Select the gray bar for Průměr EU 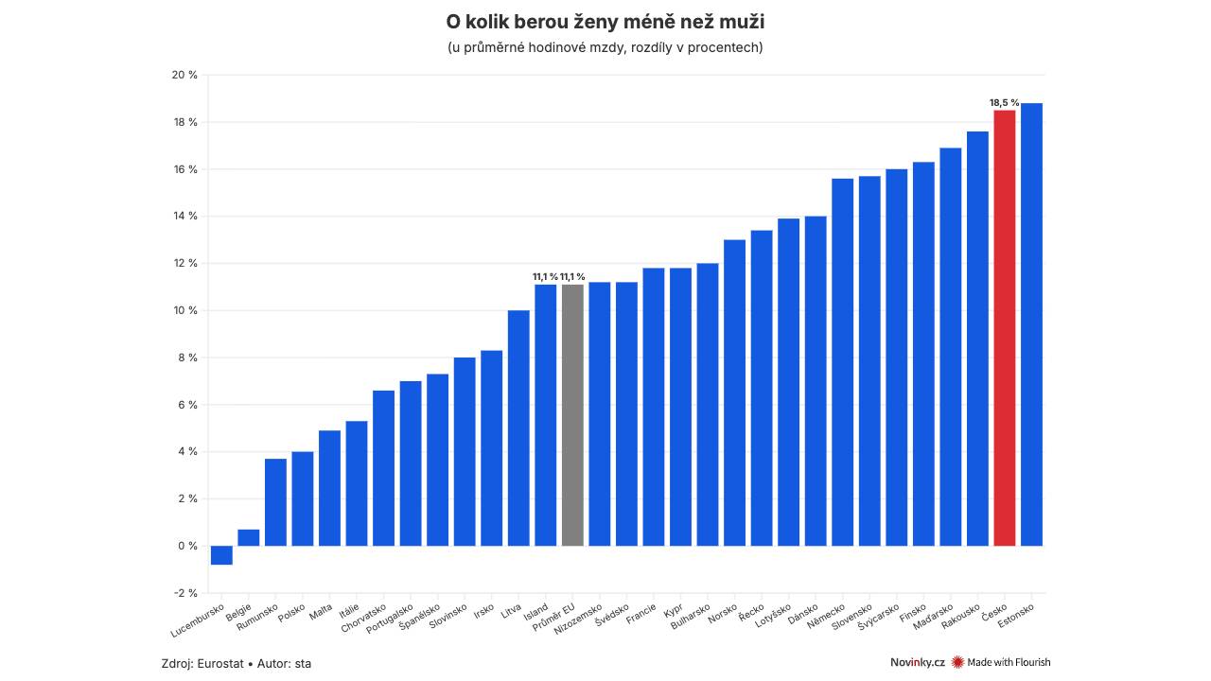click(572, 415)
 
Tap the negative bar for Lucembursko click(221, 555)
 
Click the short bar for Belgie click(249, 537)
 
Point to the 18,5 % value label click(1004, 102)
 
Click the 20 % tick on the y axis click(185, 75)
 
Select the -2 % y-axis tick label click(185, 593)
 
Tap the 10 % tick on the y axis click(185, 310)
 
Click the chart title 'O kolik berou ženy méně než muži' click(605, 21)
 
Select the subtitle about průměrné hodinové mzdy click(605, 47)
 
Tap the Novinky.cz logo click(917, 662)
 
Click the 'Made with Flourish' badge click(1001, 662)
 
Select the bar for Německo click(842, 362)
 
